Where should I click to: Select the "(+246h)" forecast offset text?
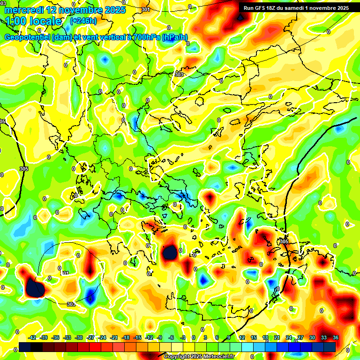[x=83, y=21]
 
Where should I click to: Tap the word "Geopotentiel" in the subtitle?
[x=28, y=37]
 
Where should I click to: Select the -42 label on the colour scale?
[x=32, y=337]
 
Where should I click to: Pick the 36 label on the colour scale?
[x=336, y=337]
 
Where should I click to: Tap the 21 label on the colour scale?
[x=277, y=337]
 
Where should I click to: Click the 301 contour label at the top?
[x=146, y=9]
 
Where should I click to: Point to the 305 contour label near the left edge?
[x=24, y=169]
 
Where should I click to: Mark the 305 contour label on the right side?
[x=284, y=241]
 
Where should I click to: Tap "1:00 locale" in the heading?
[x=33, y=21]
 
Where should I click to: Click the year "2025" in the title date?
[x=113, y=10]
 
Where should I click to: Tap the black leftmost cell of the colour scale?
[x=25, y=347]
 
